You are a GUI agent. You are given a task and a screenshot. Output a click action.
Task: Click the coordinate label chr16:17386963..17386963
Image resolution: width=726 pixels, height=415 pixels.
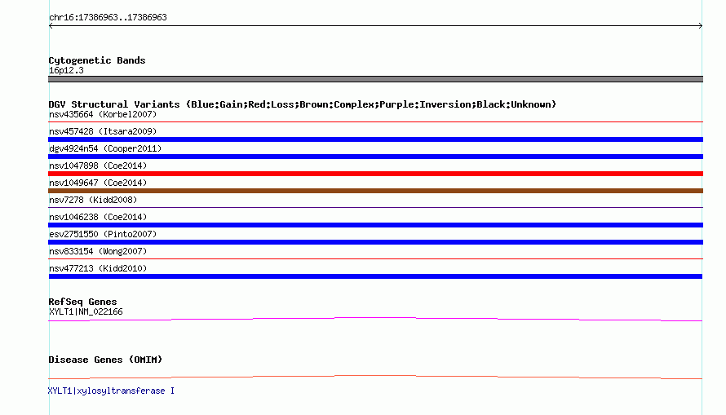click(x=108, y=18)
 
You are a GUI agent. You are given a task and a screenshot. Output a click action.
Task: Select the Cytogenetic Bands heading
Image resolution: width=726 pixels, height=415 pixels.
click(x=97, y=60)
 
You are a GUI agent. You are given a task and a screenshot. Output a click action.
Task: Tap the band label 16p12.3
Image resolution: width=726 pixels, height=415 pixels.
click(x=66, y=70)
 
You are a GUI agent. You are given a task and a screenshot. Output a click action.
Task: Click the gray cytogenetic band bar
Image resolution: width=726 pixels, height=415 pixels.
click(x=375, y=79)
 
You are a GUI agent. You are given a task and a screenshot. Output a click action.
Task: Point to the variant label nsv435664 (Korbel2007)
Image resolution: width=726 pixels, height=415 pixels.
click(x=103, y=114)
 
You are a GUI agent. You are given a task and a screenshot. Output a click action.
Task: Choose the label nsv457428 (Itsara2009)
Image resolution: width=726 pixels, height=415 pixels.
click(x=103, y=131)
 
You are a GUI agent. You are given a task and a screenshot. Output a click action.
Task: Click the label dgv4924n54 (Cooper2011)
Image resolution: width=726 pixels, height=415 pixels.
click(x=105, y=148)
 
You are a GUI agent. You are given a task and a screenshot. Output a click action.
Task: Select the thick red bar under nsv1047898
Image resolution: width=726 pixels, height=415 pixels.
click(x=375, y=174)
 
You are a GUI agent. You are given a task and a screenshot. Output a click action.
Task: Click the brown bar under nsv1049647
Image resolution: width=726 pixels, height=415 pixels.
click(x=375, y=191)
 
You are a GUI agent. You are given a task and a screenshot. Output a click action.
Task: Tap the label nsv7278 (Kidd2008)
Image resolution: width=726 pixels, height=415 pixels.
click(x=93, y=200)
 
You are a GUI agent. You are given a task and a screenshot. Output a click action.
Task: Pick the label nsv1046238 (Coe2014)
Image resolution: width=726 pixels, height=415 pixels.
click(x=98, y=217)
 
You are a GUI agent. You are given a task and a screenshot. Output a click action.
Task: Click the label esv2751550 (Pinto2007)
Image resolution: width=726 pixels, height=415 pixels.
click(x=103, y=234)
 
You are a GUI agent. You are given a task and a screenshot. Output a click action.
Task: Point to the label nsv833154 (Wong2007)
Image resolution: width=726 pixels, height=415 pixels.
click(x=98, y=251)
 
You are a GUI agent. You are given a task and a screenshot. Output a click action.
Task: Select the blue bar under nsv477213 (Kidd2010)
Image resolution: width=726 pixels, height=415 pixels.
click(x=375, y=276)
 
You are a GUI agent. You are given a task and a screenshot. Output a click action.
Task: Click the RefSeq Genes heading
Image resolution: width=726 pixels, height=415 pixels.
click(x=82, y=302)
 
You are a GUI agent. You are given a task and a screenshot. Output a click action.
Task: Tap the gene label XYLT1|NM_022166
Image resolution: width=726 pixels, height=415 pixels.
click(x=86, y=311)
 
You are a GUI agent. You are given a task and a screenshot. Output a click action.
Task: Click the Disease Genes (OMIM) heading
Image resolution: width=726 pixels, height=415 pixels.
click(x=105, y=360)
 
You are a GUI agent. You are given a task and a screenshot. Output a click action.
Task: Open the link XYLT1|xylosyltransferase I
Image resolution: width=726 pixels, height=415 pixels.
click(x=111, y=391)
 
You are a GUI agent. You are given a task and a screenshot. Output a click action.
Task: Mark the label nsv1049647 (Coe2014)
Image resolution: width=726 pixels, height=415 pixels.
click(x=98, y=183)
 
